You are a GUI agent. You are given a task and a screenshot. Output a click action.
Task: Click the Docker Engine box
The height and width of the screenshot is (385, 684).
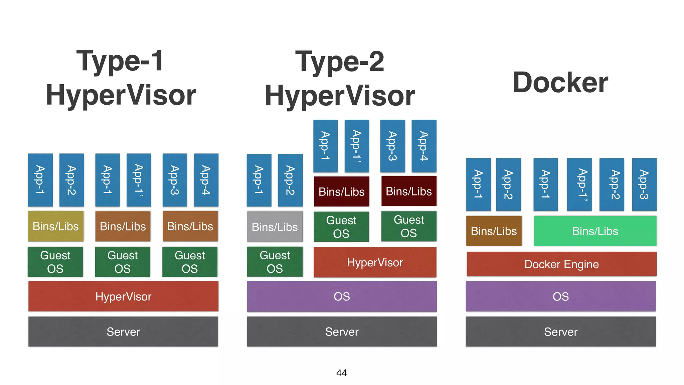coord(561,264)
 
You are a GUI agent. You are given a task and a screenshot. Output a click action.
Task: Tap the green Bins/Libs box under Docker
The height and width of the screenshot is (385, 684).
coord(595,231)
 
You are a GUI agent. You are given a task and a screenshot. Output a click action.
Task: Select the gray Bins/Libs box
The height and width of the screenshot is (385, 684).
coord(275,227)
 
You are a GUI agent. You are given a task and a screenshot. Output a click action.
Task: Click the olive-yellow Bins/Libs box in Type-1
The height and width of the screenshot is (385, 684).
coord(56,226)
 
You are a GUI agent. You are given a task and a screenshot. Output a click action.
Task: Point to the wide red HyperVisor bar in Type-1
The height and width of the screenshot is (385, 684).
coord(123,296)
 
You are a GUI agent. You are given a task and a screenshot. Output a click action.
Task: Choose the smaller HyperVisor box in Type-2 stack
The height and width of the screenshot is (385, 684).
coord(375,262)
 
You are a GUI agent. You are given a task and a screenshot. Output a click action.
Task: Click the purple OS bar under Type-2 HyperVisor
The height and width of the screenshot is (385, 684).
coord(342,296)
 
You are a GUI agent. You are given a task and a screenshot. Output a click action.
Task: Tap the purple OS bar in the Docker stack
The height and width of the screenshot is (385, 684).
coord(561,296)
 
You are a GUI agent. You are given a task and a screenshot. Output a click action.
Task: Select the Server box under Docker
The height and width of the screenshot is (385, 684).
coord(561,332)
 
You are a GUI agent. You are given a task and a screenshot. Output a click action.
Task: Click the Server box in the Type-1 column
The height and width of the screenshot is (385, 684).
coord(123,332)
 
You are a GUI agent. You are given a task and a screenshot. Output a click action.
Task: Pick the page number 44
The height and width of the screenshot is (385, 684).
coord(342,373)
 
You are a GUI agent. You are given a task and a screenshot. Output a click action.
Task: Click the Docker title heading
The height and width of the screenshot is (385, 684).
coord(560,83)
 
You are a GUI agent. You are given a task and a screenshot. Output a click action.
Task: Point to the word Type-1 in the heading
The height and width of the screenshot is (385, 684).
coord(120,61)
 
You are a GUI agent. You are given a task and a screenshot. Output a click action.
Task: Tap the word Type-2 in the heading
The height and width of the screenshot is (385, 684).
coord(340,61)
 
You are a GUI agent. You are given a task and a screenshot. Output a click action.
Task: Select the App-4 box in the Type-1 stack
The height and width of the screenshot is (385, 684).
coord(206,180)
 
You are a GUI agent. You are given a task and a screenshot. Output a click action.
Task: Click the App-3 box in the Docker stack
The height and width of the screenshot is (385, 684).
coord(644,184)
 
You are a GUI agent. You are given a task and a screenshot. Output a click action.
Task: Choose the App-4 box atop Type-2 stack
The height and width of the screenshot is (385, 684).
coord(424,146)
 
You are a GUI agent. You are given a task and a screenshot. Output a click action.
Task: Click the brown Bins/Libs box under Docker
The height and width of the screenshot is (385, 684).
coord(494,231)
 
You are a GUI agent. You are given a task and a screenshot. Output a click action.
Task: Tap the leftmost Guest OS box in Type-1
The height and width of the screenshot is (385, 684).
coord(55,262)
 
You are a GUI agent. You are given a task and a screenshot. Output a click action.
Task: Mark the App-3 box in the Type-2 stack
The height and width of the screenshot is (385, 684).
coord(392,146)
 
